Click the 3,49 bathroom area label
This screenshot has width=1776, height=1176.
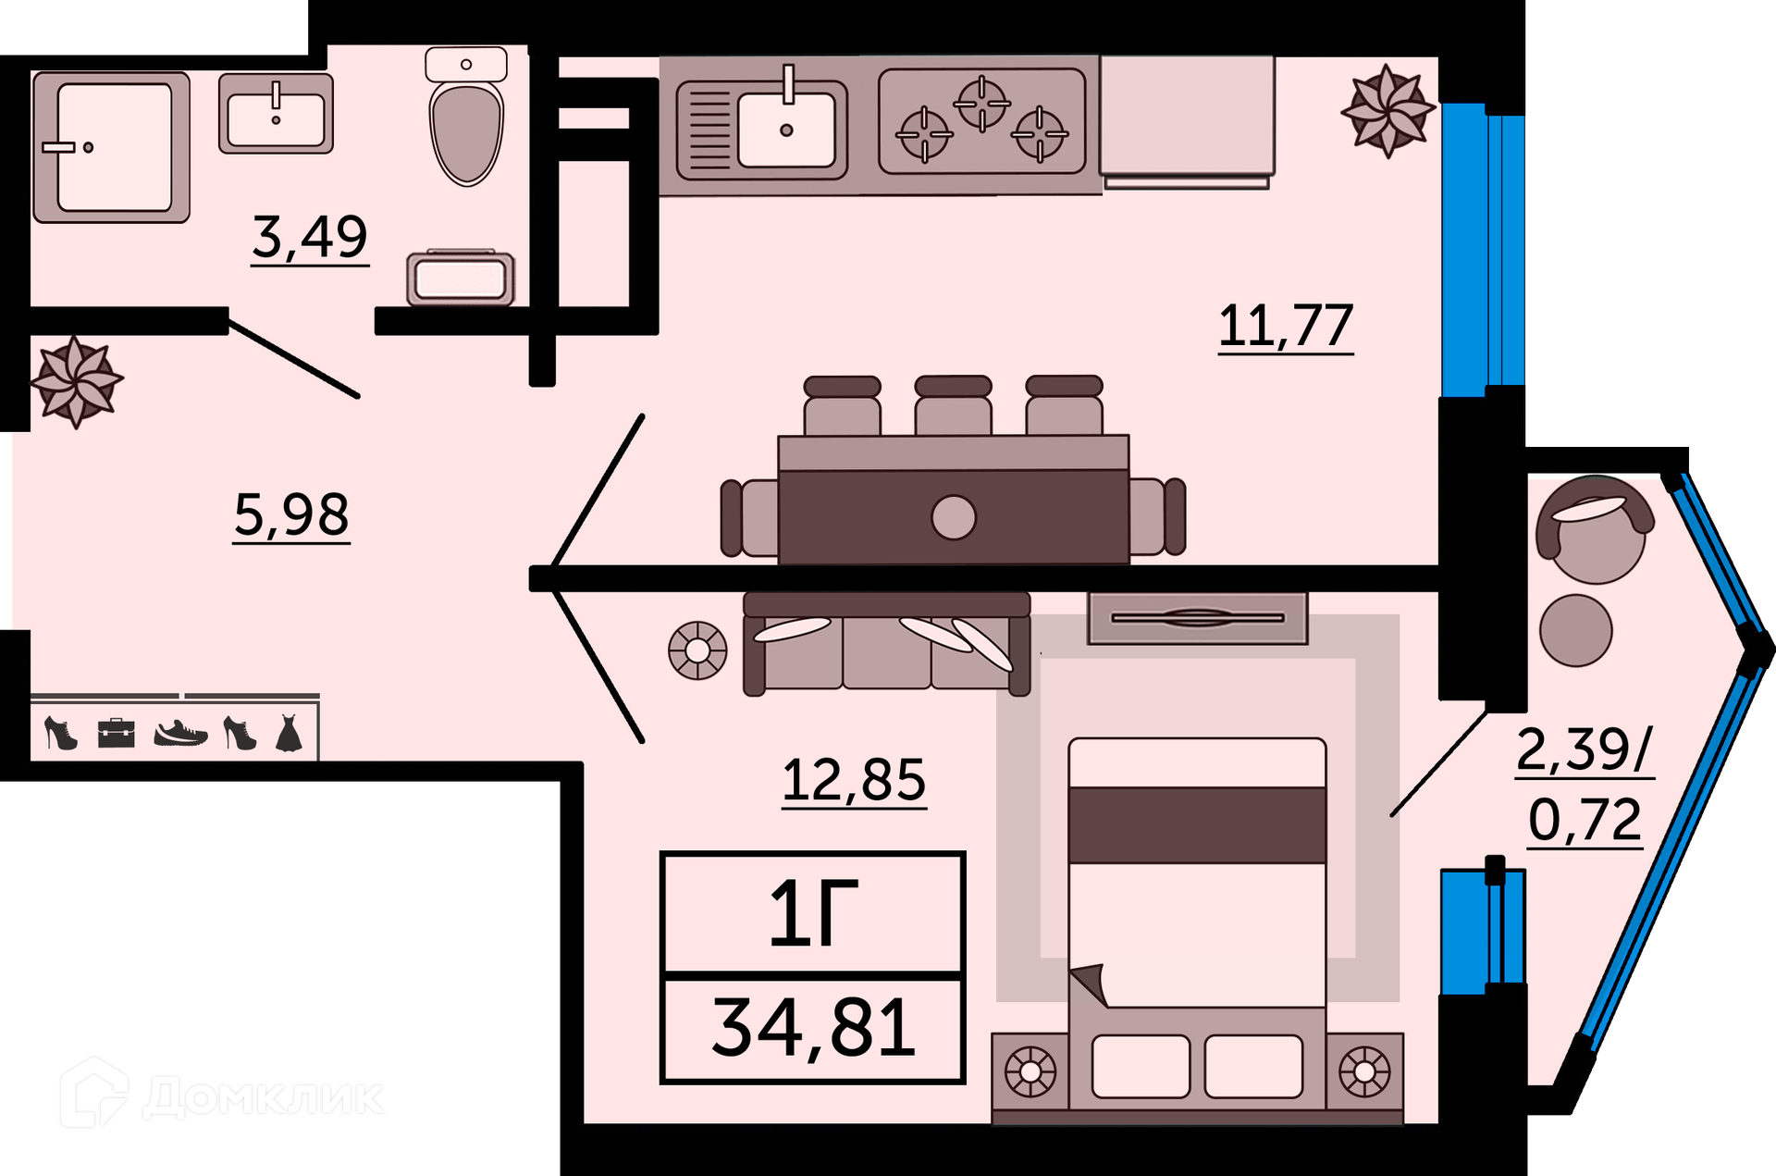(x=310, y=237)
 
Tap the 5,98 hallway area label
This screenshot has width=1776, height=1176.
(x=291, y=514)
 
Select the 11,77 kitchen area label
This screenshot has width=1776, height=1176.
(x=1286, y=326)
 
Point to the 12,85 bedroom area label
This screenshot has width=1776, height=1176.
(x=854, y=780)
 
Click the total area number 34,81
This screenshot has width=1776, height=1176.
(x=814, y=1028)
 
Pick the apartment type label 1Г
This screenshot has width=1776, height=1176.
(x=814, y=913)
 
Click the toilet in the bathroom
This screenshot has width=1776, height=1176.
(x=466, y=117)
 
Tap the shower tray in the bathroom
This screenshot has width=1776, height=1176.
(x=112, y=148)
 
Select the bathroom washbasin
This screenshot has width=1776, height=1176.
(x=276, y=114)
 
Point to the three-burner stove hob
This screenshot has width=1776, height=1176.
(x=982, y=121)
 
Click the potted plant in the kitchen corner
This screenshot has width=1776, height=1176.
(x=1387, y=111)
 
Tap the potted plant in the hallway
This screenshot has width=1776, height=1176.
(x=76, y=381)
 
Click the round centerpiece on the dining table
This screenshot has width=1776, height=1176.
(x=954, y=517)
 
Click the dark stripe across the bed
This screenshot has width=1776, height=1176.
(x=1198, y=825)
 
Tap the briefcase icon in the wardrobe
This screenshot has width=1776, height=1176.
(x=117, y=734)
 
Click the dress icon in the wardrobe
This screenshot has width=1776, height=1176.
(x=289, y=732)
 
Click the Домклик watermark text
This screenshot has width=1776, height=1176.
(x=264, y=1097)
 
